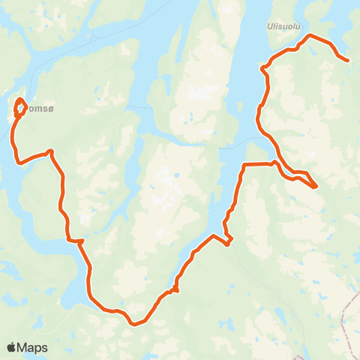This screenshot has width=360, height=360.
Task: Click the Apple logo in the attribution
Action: pyautogui.click(x=11, y=347)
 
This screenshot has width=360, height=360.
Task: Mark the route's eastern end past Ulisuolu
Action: pyautogui.click(x=347, y=59)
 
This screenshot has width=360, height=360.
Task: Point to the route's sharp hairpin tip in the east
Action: pyautogui.click(x=316, y=185)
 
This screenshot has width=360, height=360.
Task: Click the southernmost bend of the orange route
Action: pyautogui.click(x=133, y=324)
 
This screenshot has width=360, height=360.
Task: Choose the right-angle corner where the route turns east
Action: pyautogui.click(x=245, y=164)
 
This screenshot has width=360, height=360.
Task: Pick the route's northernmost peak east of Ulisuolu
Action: pyautogui.click(x=310, y=35)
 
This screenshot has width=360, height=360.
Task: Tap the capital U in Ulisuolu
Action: pyautogui.click(x=269, y=25)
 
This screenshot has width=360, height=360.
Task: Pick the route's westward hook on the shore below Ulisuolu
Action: pyautogui.click(x=262, y=69)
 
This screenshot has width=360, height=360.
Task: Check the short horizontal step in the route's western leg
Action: pyautogui.click(x=75, y=241)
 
